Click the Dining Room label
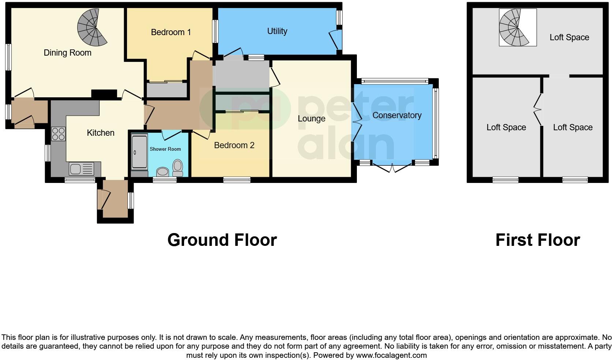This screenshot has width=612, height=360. pyautogui.click(x=67, y=53)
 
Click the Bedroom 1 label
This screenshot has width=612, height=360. pyautogui.click(x=171, y=32)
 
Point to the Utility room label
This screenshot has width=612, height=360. pyautogui.click(x=277, y=31)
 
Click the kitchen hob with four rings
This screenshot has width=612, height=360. pyautogui.click(x=59, y=134)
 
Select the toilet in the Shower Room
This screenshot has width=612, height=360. pyautogui.click(x=178, y=168)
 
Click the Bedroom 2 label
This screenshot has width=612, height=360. pyautogui.click(x=234, y=145)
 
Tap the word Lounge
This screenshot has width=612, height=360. pyautogui.click(x=311, y=119)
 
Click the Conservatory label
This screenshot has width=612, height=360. pyautogui.click(x=397, y=115)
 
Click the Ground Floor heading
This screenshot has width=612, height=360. pyautogui.click(x=222, y=240)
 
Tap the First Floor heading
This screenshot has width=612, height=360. pyautogui.click(x=537, y=240)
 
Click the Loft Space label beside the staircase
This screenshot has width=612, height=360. pyautogui.click(x=569, y=37)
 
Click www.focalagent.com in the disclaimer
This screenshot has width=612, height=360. pyautogui.click(x=391, y=355)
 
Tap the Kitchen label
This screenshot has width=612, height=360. pyautogui.click(x=101, y=133)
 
